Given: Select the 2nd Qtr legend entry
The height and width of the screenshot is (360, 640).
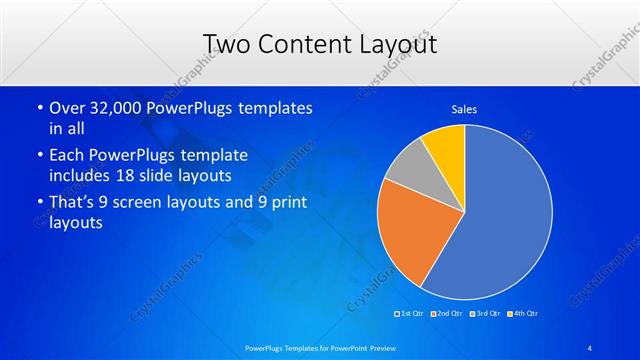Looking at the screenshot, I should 448,313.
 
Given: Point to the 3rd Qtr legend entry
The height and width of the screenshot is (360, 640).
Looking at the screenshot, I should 484,313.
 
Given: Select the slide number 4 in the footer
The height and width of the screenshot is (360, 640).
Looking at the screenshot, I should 590,347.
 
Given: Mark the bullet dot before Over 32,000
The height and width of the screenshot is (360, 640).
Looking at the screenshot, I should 38,108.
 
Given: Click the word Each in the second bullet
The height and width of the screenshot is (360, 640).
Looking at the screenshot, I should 67,155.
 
